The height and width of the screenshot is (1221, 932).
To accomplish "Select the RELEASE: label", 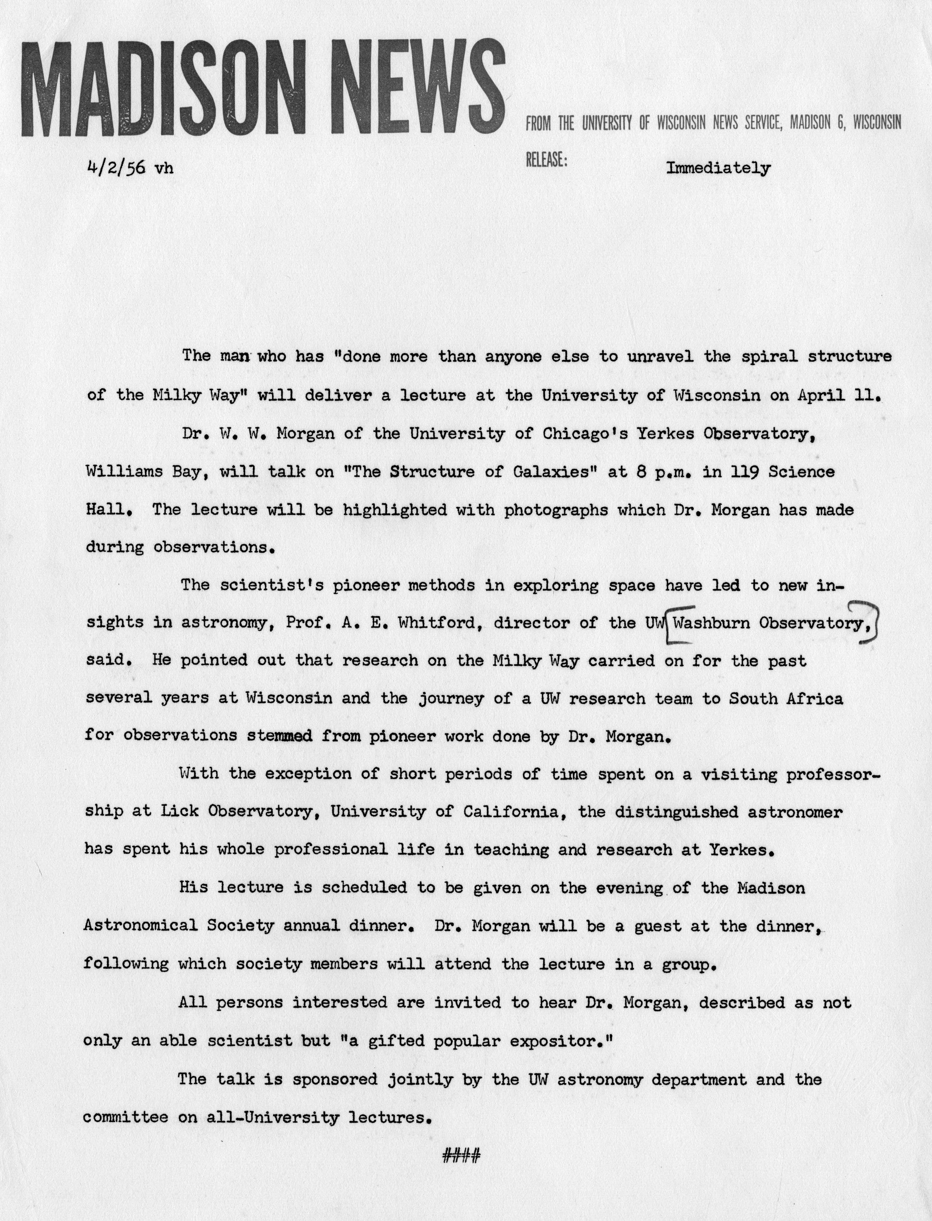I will pyautogui.click(x=547, y=161).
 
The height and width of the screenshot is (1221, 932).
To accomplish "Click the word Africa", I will pyautogui.click(x=815, y=698).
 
